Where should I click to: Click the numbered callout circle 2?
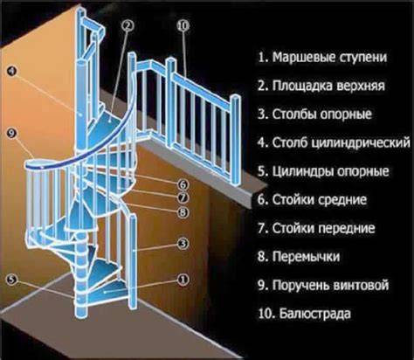pyautogui.click(x=128, y=25)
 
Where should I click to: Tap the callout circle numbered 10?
pyautogui.click(x=183, y=25)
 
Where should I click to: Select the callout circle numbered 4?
pyautogui.click(x=11, y=71)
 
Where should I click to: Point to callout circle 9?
pyautogui.click(x=11, y=134)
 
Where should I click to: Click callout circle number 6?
pyautogui.click(x=183, y=184)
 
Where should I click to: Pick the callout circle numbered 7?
pyautogui.click(x=183, y=197)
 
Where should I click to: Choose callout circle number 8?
pyautogui.click(x=183, y=212)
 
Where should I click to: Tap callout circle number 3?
pyautogui.click(x=183, y=244)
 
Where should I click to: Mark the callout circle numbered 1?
pyautogui.click(x=183, y=280)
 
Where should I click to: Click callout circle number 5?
pyautogui.click(x=11, y=280)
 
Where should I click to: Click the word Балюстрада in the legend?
pyautogui.click(x=314, y=314)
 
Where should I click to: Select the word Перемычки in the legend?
pyautogui.click(x=306, y=257)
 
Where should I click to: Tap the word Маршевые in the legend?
pyautogui.click(x=303, y=58)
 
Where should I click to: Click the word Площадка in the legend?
pyautogui.click(x=301, y=86)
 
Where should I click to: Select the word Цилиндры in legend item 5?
pyautogui.click(x=302, y=172)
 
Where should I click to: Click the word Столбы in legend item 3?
pyautogui.click(x=293, y=114)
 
